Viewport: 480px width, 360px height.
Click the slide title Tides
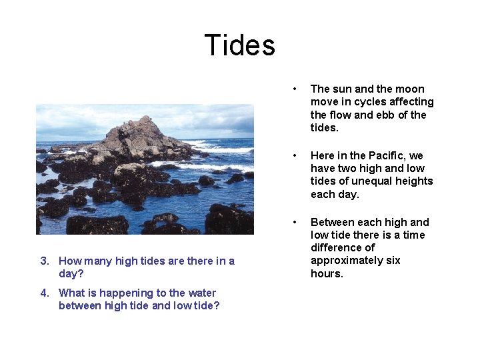(239, 45)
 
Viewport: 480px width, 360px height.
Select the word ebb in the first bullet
(385, 115)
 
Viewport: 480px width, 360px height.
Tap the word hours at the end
(327, 274)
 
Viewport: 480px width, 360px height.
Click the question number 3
(43, 261)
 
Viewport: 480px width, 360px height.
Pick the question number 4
(43, 293)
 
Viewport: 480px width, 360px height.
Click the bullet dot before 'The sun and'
(293, 89)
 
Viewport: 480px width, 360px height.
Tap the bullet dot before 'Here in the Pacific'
(293, 155)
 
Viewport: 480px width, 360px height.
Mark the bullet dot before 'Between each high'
(293, 222)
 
